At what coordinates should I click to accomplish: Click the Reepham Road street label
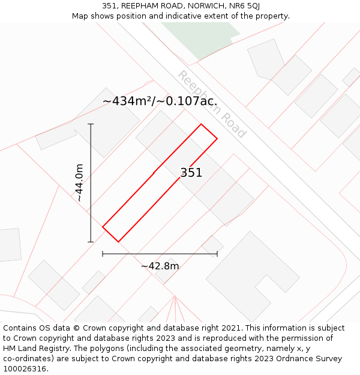pos(212,104)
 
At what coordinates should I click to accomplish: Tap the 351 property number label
pos(191,173)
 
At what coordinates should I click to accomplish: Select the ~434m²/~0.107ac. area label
pos(160,101)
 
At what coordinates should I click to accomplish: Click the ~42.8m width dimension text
pos(160,266)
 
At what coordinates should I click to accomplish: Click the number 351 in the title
pos(109,6)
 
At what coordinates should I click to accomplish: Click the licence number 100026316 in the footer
pos(26,369)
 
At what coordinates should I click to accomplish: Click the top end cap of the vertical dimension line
pos(91,124)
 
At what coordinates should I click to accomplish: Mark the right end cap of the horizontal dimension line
pos(217,254)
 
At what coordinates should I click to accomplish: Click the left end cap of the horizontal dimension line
pos(103,254)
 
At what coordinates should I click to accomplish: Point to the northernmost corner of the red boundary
pos(201,124)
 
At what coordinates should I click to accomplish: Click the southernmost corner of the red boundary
pos(118,242)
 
